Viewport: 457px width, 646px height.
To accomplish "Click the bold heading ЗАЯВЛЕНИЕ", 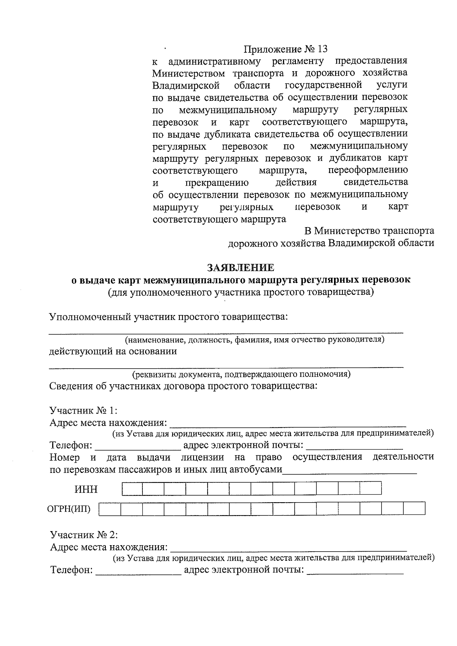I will point(240,268).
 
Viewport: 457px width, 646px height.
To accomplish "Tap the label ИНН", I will point(86,489).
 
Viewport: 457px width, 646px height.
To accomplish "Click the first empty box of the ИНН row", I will point(132,488).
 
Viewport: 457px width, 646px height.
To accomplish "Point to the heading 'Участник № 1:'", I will point(83,411).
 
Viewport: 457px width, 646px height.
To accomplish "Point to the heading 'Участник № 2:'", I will point(84,535).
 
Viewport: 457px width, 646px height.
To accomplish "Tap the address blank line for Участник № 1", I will point(288,423).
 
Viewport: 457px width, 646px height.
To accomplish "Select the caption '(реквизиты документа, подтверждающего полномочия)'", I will point(241,374).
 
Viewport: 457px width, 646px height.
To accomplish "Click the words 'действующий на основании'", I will point(113,351).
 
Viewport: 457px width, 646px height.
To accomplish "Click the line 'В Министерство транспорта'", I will point(369,231).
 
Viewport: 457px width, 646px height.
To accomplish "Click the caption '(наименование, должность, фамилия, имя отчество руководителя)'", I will point(255,340).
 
